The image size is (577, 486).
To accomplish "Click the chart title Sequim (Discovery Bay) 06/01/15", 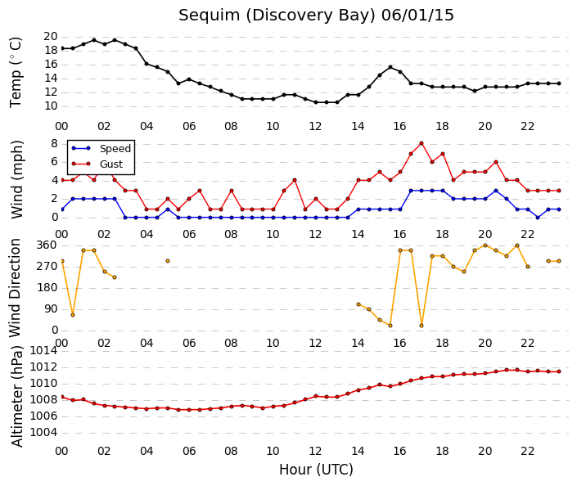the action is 316,16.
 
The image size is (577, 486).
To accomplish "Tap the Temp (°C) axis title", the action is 16,73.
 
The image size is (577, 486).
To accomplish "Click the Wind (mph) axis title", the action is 16,179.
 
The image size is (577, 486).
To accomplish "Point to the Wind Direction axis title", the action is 15,288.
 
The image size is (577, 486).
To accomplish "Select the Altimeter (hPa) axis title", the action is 17,396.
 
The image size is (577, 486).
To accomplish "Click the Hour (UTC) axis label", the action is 316,470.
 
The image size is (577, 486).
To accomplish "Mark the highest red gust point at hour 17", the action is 421,143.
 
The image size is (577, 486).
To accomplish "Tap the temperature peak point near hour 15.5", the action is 390,67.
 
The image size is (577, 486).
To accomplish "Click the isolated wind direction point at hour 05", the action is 168,261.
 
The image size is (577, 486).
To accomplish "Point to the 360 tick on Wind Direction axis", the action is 47,245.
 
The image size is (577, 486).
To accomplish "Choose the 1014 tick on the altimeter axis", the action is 44,351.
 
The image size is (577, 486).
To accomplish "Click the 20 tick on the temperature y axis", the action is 51,37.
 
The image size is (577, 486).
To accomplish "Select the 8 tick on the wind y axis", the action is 55,143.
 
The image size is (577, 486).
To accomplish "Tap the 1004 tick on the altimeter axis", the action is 44,432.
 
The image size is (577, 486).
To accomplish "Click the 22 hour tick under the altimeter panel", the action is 527,451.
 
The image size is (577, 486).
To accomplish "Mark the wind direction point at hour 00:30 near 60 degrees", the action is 73,315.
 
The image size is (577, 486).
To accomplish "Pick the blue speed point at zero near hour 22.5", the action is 538,218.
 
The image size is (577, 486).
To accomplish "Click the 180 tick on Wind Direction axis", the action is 47,288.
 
